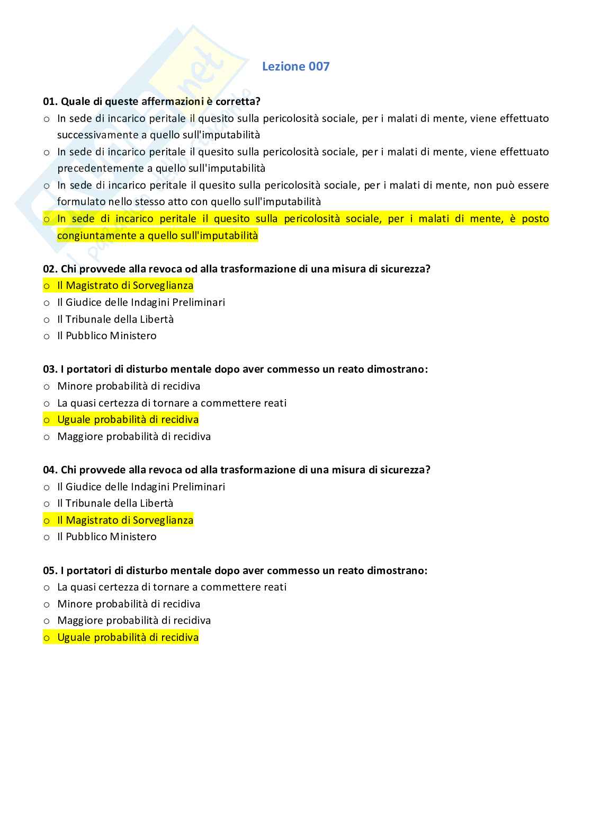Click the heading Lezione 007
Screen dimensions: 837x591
point(295,66)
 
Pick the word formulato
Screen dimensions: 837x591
point(81,201)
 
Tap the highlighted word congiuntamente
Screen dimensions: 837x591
point(96,235)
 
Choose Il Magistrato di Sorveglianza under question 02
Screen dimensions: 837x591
point(125,285)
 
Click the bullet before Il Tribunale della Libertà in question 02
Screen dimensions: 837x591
point(47,320)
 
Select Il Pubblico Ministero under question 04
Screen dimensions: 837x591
point(106,536)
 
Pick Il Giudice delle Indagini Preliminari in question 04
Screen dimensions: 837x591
point(141,487)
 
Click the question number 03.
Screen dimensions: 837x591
point(50,369)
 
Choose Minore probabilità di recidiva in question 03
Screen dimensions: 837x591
point(129,386)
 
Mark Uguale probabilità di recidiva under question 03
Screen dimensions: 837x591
point(128,419)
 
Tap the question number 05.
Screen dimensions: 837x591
point(50,570)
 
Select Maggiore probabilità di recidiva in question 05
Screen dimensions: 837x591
point(134,620)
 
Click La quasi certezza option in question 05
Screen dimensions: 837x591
point(172,587)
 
